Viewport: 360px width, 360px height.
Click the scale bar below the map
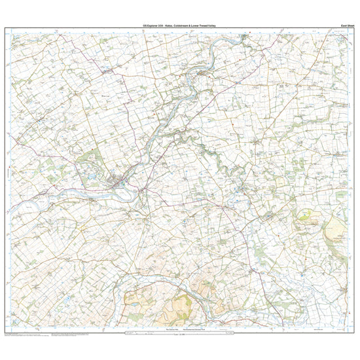coord(180,334)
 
